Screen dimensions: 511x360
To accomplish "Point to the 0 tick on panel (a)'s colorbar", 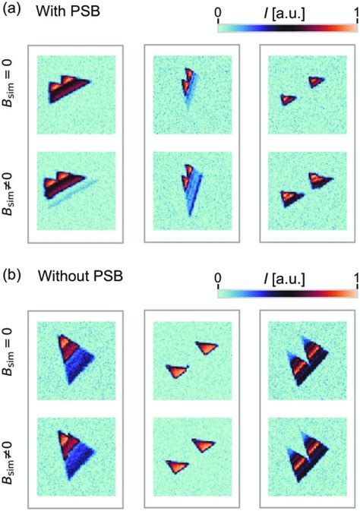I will tap(219, 12).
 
